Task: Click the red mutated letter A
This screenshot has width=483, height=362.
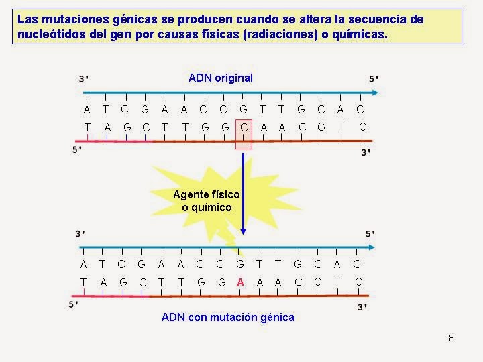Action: pyautogui.click(x=240, y=282)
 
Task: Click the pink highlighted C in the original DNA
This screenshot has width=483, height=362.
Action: pyautogui.click(x=244, y=127)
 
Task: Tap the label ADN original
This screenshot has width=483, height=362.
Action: pyautogui.click(x=221, y=78)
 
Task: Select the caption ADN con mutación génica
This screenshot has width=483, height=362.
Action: pyautogui.click(x=228, y=317)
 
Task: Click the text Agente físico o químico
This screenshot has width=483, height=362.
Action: pyautogui.click(x=207, y=200)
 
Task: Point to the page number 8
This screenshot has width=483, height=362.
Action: pyautogui.click(x=451, y=337)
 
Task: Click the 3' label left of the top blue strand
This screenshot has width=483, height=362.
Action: pyautogui.click(x=83, y=79)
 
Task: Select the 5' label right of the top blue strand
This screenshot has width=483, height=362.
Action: pyautogui.click(x=374, y=79)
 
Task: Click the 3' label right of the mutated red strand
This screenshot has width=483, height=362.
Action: pyautogui.click(x=362, y=306)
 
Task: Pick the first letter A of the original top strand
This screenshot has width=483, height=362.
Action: pyautogui.click(x=87, y=109)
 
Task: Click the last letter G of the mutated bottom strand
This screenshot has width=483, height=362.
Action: pyautogui.click(x=359, y=282)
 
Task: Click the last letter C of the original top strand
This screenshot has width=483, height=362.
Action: pyautogui.click(x=360, y=109)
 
